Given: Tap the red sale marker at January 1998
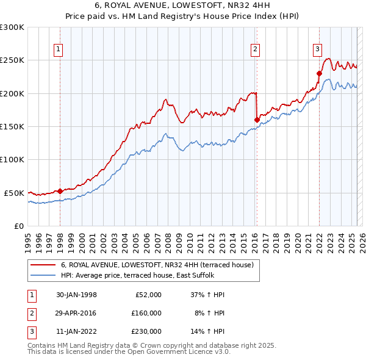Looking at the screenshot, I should click(60, 191).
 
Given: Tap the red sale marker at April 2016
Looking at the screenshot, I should click(257, 120).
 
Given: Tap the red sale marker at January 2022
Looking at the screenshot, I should click(319, 73).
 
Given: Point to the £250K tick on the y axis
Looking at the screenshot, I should click(12, 60).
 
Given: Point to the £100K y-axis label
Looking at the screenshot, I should click(12, 159).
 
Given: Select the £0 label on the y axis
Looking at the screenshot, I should click(18, 226).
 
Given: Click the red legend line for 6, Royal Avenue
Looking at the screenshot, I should click(43, 265).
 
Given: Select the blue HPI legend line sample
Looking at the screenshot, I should click(43, 275).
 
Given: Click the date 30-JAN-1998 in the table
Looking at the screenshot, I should click(76, 295).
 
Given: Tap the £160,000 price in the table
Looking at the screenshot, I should click(146, 313).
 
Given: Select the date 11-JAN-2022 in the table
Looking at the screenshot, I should click(76, 331).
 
